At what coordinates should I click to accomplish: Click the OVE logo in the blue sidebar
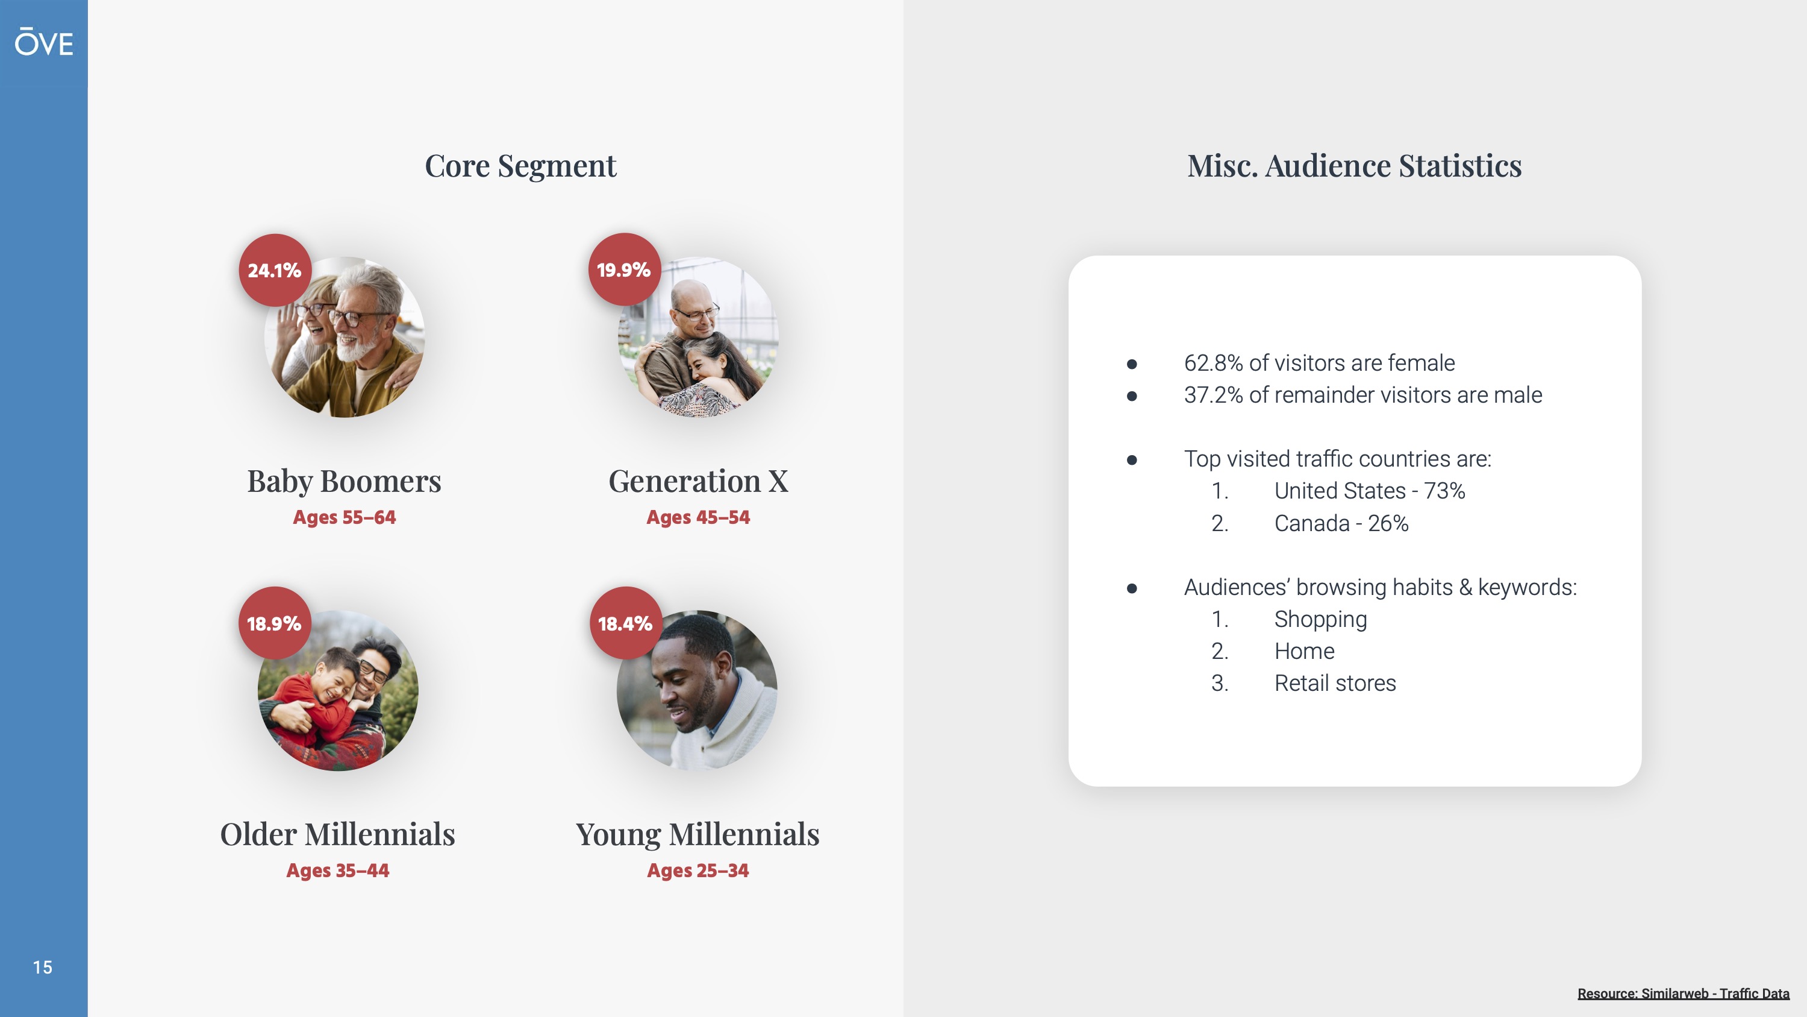(x=43, y=42)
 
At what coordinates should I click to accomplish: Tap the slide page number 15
(x=42, y=967)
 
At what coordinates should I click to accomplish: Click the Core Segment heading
(x=520, y=166)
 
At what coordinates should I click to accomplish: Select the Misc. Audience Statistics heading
(x=1355, y=166)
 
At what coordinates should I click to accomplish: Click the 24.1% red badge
(x=274, y=269)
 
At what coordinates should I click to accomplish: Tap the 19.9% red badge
(x=623, y=269)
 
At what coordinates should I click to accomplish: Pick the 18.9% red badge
(x=274, y=623)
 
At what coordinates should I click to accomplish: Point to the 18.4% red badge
(x=625, y=623)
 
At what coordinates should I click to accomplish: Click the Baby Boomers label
(x=345, y=482)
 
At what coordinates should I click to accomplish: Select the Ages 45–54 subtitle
(x=698, y=517)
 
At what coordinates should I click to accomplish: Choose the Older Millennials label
(x=337, y=834)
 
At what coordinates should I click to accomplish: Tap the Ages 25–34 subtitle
(x=698, y=871)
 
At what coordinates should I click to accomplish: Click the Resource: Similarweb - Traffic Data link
(x=1684, y=993)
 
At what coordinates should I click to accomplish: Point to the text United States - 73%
(x=1370, y=491)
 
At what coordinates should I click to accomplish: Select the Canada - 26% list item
(x=1341, y=523)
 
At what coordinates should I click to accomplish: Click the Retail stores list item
(x=1335, y=683)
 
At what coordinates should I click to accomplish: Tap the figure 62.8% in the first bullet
(x=1214, y=363)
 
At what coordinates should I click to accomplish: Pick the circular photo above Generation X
(x=698, y=337)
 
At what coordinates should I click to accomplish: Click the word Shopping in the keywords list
(x=1320, y=620)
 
